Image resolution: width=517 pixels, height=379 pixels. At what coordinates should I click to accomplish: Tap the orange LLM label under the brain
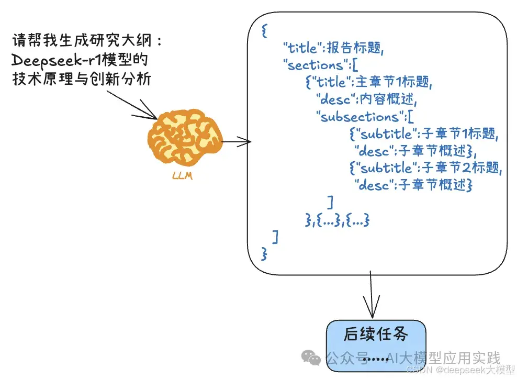pyautogui.click(x=182, y=176)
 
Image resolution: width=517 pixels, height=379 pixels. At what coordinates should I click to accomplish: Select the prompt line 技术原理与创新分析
pyautogui.click(x=81, y=79)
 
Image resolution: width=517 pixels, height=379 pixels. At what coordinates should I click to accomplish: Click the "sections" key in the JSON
pyautogui.click(x=312, y=65)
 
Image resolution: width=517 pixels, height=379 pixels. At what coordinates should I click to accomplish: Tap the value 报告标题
pyautogui.click(x=355, y=49)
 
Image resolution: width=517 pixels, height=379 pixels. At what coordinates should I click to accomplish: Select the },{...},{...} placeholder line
pyautogui.click(x=337, y=220)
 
